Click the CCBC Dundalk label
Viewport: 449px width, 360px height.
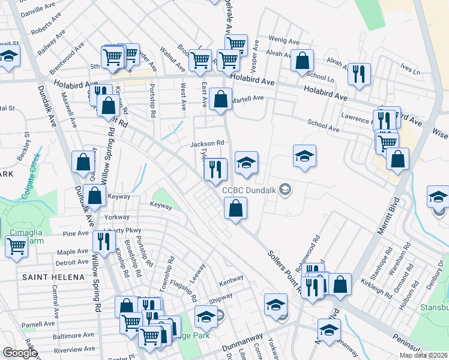pos(249,190)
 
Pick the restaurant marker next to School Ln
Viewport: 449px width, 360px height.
pos(359,74)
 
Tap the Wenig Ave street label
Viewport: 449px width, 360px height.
pos(284,42)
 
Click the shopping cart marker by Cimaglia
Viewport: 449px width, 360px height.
pos(17,245)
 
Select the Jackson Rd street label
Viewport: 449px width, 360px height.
pos(206,144)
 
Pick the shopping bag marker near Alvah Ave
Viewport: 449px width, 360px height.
pos(303,61)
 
